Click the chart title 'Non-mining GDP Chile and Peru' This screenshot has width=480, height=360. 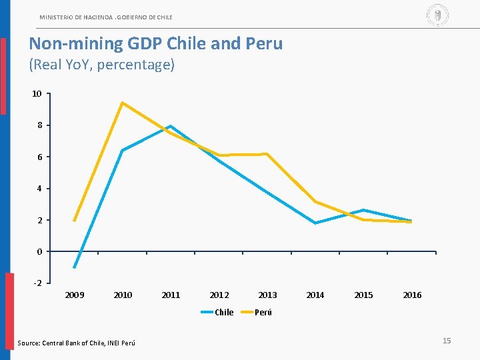(x=155, y=44)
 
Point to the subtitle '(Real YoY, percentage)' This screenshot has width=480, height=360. (x=101, y=65)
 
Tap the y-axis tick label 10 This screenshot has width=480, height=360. (x=37, y=94)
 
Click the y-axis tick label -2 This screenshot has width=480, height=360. (x=37, y=283)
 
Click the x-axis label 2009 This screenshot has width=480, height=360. (x=75, y=295)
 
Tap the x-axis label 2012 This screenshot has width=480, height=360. (x=219, y=295)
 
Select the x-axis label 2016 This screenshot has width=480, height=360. (x=412, y=295)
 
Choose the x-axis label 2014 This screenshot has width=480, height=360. (x=315, y=295)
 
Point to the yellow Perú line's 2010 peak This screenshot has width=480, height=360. (x=123, y=103)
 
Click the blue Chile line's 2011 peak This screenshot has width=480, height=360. (x=171, y=126)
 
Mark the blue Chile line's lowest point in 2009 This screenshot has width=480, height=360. (x=75, y=267)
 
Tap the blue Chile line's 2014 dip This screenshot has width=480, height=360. (x=315, y=223)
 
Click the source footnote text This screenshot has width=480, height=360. (x=75, y=343)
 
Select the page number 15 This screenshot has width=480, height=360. (x=447, y=341)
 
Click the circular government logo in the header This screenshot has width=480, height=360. (x=437, y=15)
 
